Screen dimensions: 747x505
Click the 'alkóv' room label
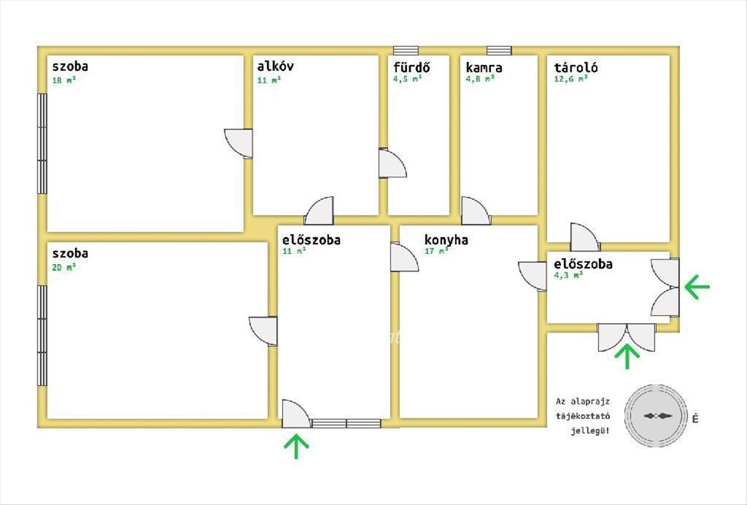pyautogui.click(x=275, y=66)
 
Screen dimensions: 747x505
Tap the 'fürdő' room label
pyautogui.click(x=411, y=67)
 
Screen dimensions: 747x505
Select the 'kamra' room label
pyautogui.click(x=484, y=67)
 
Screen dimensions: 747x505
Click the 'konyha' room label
pyautogui.click(x=446, y=240)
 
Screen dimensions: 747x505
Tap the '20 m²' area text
pyautogui.click(x=64, y=267)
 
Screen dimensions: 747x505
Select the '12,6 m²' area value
pyautogui.click(x=571, y=79)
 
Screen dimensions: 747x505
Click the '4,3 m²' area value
pyautogui.click(x=568, y=275)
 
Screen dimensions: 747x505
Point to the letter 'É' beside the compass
pyautogui.click(x=695, y=419)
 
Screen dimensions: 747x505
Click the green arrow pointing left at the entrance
pyautogui.click(x=697, y=286)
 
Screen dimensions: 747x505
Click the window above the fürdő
pyautogui.click(x=406, y=50)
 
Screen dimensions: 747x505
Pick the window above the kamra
pyautogui.click(x=499, y=50)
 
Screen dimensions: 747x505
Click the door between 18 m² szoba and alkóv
pyautogui.click(x=240, y=143)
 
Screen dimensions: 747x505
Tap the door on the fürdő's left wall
pyautogui.click(x=391, y=164)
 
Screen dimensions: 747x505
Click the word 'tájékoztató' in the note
pyautogui.click(x=582, y=416)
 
